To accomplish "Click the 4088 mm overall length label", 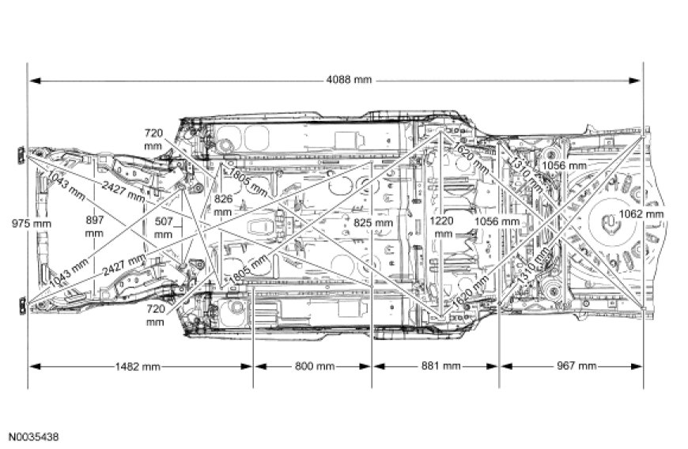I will (x=348, y=80).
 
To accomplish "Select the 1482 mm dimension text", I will (x=138, y=367).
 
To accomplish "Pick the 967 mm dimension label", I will (x=572, y=367).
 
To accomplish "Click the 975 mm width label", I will (x=31, y=224).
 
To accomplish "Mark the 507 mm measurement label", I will (x=163, y=228).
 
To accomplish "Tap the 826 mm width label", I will (x=223, y=206).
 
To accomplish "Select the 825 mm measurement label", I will (x=373, y=224).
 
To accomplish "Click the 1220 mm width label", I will (x=443, y=228).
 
